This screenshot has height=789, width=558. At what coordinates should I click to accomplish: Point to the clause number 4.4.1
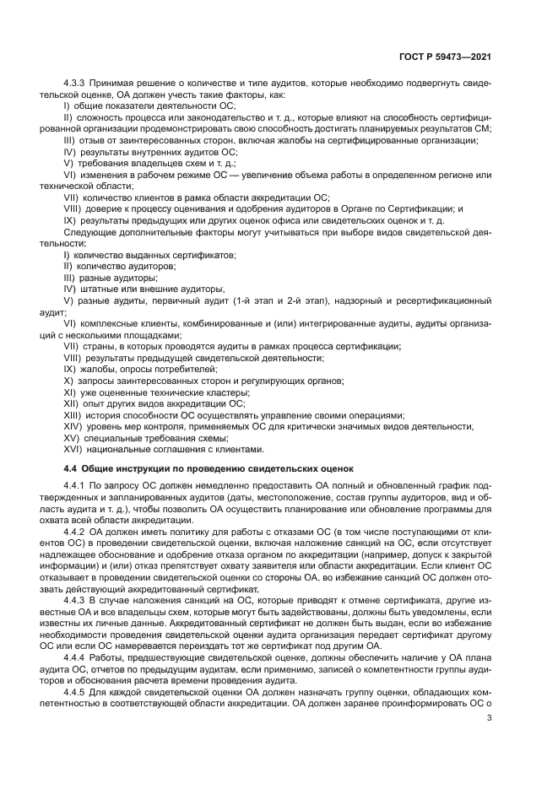click(76, 487)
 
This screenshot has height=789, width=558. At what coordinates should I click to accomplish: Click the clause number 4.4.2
click(76, 532)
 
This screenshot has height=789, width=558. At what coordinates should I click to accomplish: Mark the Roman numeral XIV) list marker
click(73, 427)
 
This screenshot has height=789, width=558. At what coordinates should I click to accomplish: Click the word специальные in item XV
click(113, 438)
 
